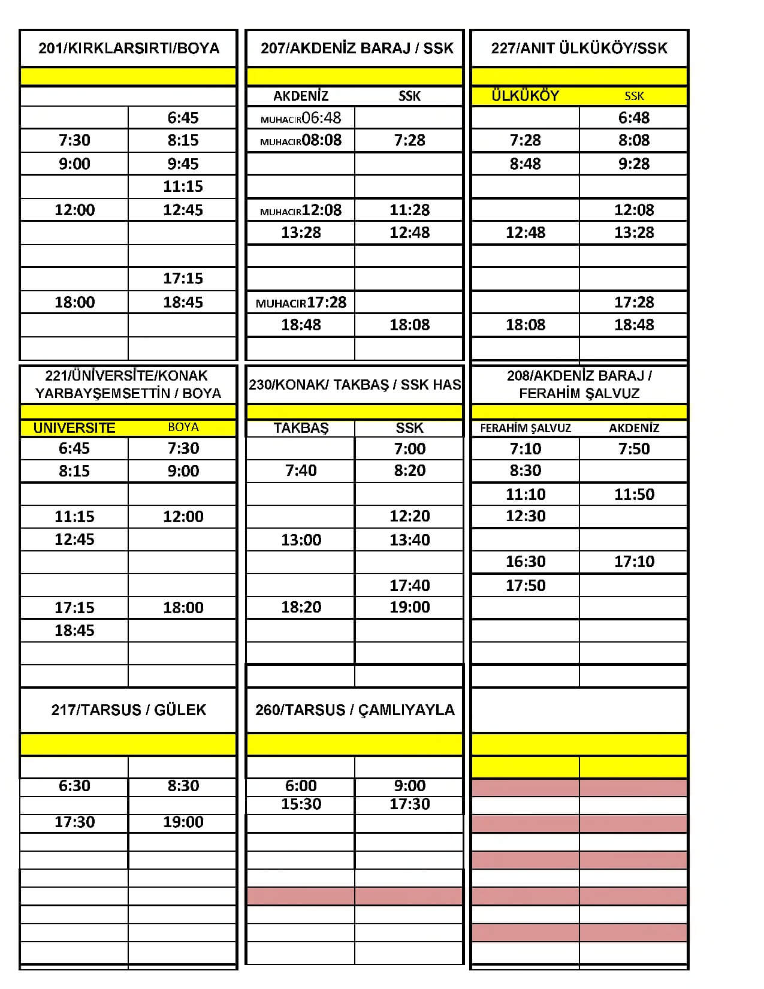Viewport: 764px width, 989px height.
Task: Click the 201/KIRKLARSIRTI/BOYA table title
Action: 129,48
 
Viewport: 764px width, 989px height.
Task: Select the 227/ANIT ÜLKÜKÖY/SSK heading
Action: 579,48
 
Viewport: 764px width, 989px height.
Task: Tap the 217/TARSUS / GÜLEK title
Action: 129,710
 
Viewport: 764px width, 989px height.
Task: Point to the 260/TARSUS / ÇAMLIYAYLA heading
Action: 355,710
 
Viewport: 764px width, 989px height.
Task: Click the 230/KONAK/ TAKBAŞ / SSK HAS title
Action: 355,384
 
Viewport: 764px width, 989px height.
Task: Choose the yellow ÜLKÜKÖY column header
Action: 525,96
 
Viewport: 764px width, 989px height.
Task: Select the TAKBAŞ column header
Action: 301,428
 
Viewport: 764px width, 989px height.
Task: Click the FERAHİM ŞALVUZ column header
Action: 526,428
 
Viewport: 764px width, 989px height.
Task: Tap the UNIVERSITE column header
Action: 74,428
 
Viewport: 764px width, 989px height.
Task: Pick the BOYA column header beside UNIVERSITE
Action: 183,427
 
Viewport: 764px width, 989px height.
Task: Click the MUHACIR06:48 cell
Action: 301,117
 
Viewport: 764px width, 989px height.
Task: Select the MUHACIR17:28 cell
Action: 301,303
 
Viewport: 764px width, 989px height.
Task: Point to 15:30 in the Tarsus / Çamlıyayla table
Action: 301,804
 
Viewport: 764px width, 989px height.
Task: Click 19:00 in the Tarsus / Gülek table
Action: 183,822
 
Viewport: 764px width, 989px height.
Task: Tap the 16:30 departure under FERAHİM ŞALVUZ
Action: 526,562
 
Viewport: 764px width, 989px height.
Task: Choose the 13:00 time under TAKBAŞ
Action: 301,539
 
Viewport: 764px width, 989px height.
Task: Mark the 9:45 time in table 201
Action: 183,164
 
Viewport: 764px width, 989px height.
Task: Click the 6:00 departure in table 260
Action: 301,786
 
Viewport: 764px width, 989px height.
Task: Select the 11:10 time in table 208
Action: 526,494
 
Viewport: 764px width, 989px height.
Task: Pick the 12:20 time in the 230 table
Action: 410,516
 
